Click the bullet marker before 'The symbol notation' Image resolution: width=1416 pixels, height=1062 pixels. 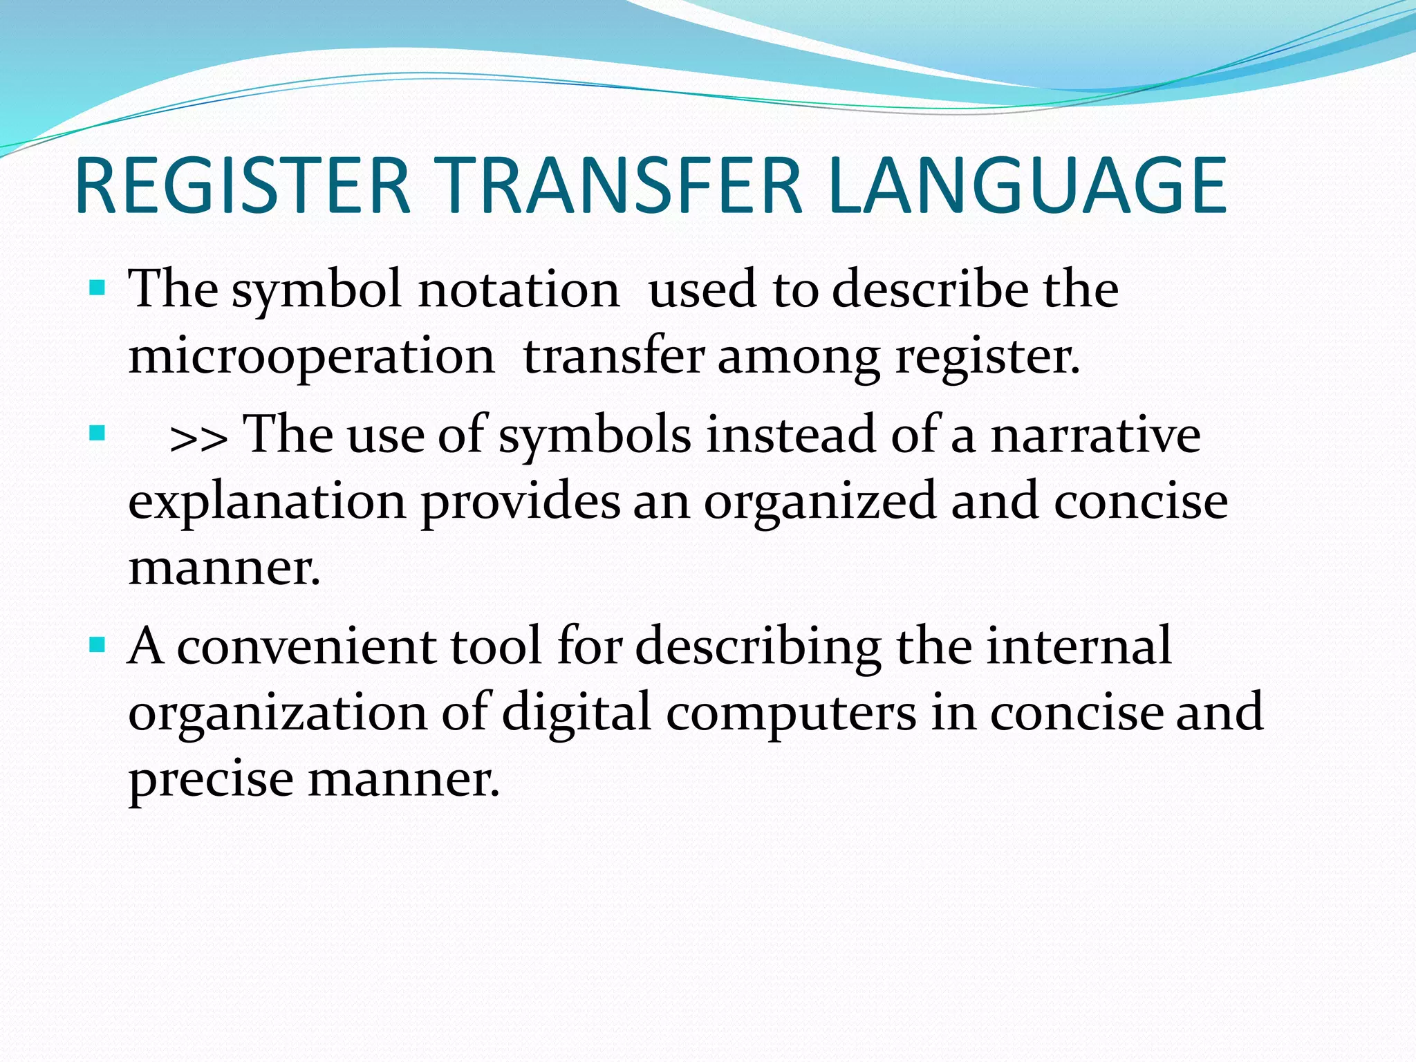click(97, 287)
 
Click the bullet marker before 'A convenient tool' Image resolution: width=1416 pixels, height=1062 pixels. click(97, 646)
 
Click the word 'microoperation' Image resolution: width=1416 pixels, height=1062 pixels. click(311, 357)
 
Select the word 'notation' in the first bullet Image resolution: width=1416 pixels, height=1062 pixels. click(519, 290)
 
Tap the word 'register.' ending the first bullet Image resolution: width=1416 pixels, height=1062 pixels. click(987, 357)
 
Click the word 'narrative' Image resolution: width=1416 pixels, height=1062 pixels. click(1096, 436)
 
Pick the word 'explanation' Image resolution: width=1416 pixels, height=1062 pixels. click(267, 503)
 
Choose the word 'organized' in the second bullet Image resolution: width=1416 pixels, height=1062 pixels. click(820, 503)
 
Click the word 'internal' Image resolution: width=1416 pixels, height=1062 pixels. click(1079, 646)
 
